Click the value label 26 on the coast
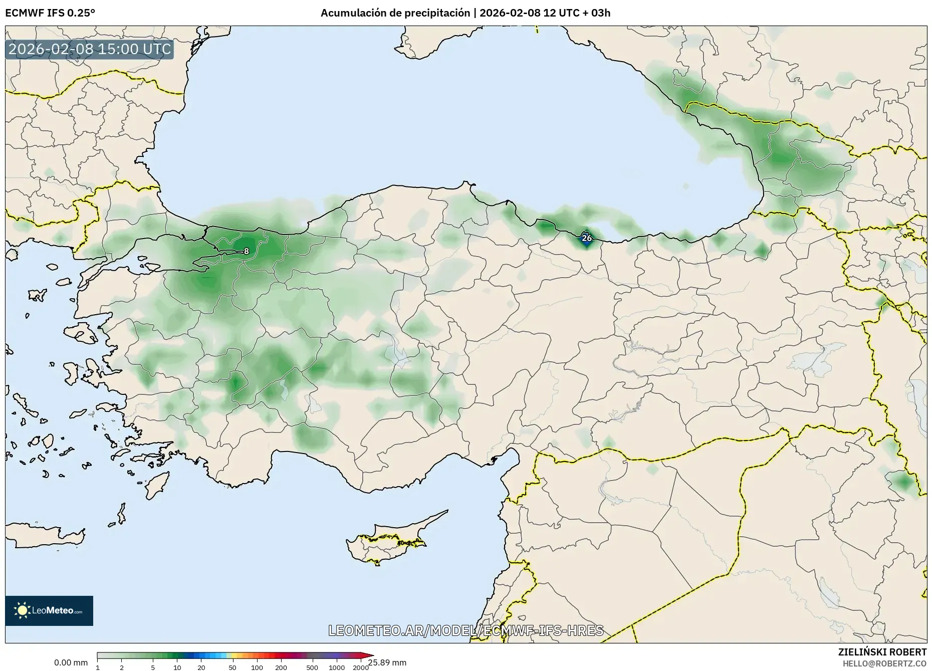coord(586,238)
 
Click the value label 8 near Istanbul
coord(246,251)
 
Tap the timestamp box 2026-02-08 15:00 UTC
coord(90,50)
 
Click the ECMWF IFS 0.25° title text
coord(50,13)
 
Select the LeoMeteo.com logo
coord(49,610)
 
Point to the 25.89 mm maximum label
coord(387,662)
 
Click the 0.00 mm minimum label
coord(71,662)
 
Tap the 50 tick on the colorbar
coord(232,667)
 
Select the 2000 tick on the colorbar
coord(360,667)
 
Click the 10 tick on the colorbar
coord(177,667)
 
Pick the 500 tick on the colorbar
coord(312,667)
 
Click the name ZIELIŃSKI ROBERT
coord(882,652)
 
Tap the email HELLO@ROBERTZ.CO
coord(884,663)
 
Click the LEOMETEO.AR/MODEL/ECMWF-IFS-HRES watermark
coord(465,630)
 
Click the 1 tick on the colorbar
coord(98,667)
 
